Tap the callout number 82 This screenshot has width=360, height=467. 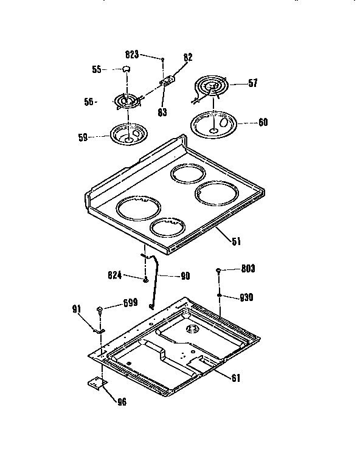188,57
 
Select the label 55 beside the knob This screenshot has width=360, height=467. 96,69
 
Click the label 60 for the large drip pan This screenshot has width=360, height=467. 262,122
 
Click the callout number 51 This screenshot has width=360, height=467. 236,241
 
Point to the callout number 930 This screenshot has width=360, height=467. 246,297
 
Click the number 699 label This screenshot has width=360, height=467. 130,302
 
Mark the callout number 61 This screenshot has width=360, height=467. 235,378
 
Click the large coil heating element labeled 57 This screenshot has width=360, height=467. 210,88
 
